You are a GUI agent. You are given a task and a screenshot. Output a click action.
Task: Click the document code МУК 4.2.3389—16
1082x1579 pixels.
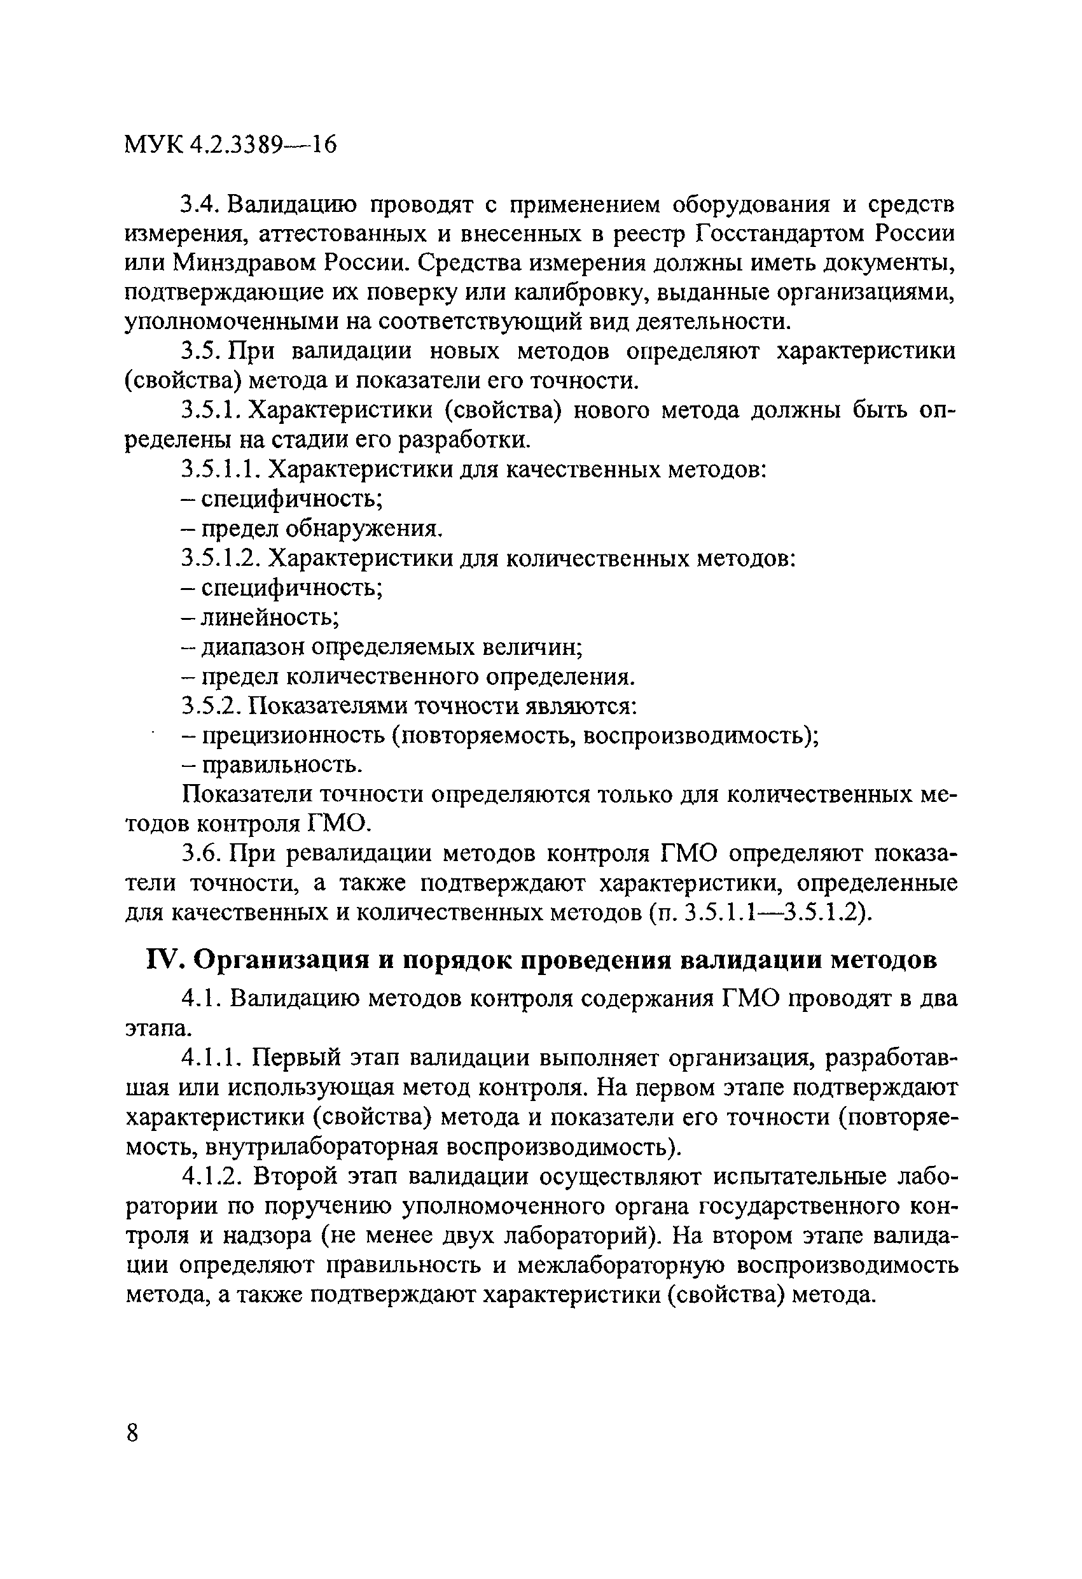point(230,144)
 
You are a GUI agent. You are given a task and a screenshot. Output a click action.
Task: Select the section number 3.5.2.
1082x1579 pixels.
point(210,706)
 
